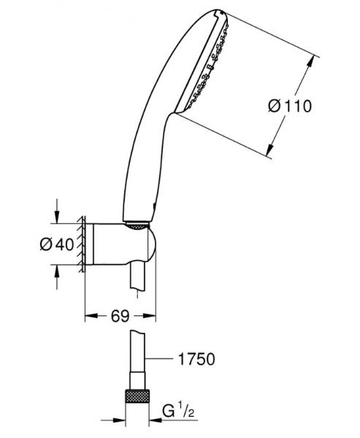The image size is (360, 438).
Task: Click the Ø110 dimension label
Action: (290, 107)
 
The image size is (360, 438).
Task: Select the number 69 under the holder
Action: (120, 316)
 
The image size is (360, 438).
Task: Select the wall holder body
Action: (117, 245)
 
